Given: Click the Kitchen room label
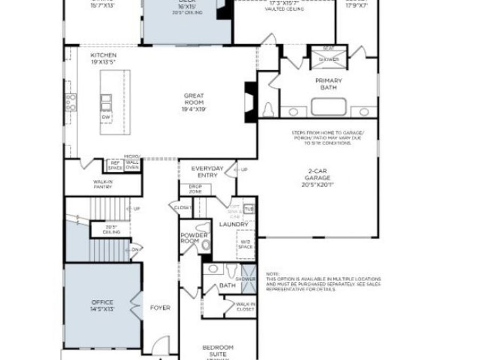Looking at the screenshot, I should pyautogui.click(x=103, y=59).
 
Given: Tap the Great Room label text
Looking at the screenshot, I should pyautogui.click(x=194, y=102).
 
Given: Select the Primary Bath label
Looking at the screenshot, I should pyautogui.click(x=328, y=84).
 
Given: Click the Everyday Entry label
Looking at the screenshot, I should pyautogui.click(x=207, y=172).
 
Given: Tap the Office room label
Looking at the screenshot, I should pyautogui.click(x=102, y=306).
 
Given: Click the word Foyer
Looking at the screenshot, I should pyautogui.click(x=160, y=308).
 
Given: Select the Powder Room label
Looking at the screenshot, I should pyautogui.click(x=190, y=238).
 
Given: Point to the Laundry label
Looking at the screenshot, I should pyautogui.click(x=234, y=225).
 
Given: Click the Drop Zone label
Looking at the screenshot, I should pyautogui.click(x=195, y=189).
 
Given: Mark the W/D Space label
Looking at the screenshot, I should pyautogui.click(x=245, y=244).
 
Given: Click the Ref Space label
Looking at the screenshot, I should pyautogui.click(x=115, y=166).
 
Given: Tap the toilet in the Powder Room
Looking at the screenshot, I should pyautogui.click(x=205, y=245).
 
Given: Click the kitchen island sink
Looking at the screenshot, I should pyautogui.click(x=106, y=100).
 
